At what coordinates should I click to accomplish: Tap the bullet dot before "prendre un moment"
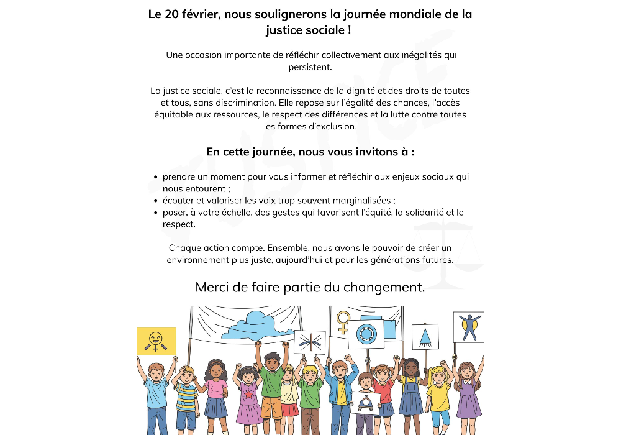pos(155,177)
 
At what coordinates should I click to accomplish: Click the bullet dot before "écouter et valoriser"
pos(155,201)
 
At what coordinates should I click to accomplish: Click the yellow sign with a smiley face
pos(156,341)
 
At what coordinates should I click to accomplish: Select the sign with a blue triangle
pos(425,336)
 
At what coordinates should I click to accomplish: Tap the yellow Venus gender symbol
pos(343,322)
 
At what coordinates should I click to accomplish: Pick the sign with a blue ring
pos(366,334)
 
